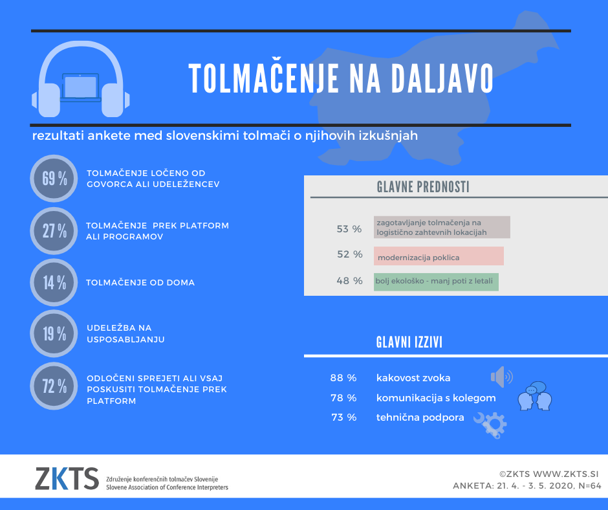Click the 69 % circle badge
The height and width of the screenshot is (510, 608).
tap(54, 179)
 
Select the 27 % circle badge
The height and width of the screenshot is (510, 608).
tap(54, 230)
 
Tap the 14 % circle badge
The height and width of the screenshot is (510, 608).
tap(54, 282)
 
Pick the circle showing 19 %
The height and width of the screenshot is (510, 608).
tap(54, 334)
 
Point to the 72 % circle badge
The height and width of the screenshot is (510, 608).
tap(54, 386)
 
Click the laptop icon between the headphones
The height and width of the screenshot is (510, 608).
tap(81, 87)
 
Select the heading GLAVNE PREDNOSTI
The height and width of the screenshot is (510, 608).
tap(423, 188)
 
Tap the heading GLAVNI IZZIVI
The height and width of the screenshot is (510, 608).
tap(409, 342)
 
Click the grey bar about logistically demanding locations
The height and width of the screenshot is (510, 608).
tap(442, 227)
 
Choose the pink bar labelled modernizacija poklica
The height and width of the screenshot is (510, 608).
tap(439, 256)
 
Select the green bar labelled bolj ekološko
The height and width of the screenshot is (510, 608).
tap(437, 282)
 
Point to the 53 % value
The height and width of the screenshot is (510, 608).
tap(349, 229)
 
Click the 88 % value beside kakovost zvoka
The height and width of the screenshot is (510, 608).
tap(343, 378)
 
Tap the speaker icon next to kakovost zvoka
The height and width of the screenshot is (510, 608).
tap(501, 376)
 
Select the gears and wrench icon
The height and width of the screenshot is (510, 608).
tap(491, 425)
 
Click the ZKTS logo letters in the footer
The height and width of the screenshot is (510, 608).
tap(67, 478)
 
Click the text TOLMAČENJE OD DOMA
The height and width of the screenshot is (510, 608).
tap(140, 282)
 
